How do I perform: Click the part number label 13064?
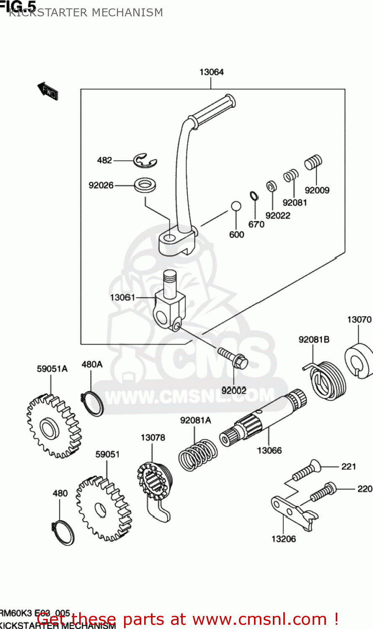(x=211, y=72)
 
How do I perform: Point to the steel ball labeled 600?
(x=236, y=206)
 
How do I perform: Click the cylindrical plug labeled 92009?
(x=313, y=162)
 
